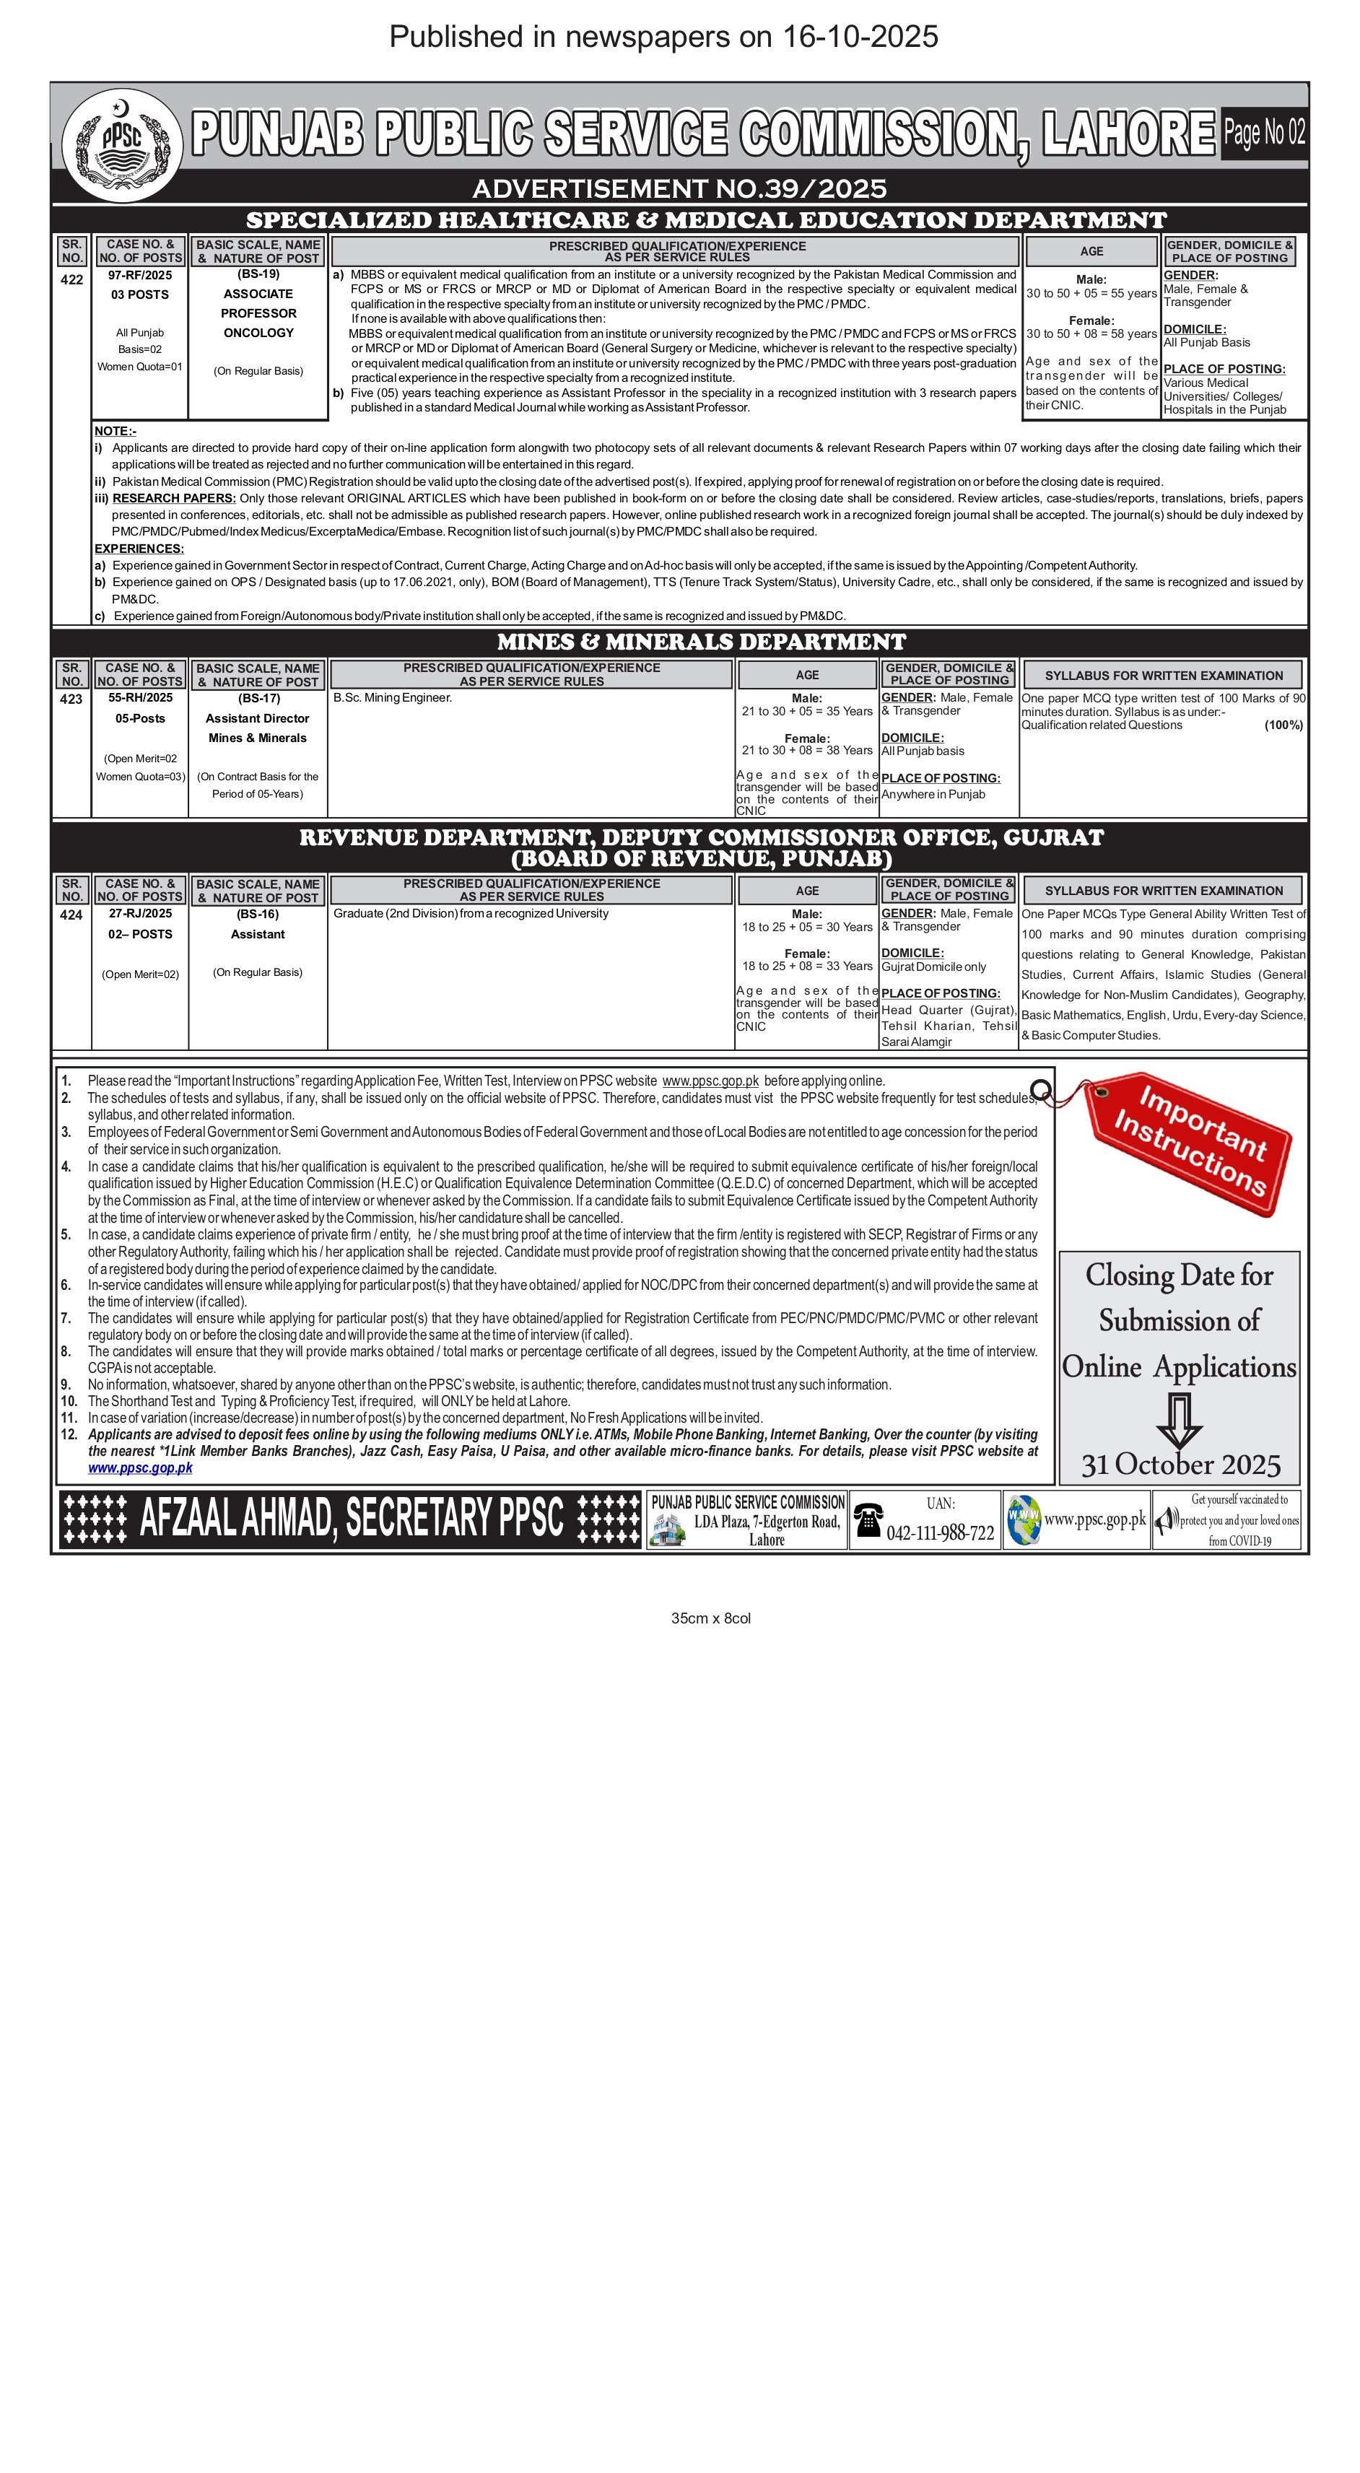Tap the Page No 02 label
click(x=1264, y=133)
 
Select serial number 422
click(x=72, y=280)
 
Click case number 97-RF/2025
click(x=140, y=276)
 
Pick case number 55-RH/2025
click(x=140, y=698)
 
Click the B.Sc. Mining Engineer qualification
click(x=393, y=698)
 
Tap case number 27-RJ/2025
click(x=140, y=914)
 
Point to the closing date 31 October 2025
click(x=1180, y=1465)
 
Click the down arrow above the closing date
click(x=1180, y=1419)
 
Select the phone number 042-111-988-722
click(x=940, y=1533)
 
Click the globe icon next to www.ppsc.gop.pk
click(x=1023, y=1519)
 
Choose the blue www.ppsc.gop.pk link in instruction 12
click(x=140, y=1468)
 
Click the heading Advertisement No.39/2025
click(x=679, y=188)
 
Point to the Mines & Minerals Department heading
click(x=701, y=642)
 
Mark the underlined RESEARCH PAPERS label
click(x=174, y=498)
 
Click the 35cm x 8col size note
click(x=710, y=1618)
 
